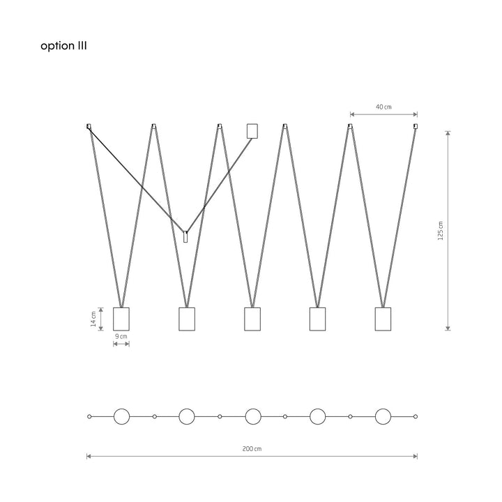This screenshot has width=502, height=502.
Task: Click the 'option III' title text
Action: pos(63,46)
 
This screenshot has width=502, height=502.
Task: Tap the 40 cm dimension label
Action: pos(383,107)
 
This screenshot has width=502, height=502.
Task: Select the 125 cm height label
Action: pos(441,231)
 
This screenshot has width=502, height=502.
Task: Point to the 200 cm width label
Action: pos(252,448)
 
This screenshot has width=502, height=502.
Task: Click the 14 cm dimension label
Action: pos(93,319)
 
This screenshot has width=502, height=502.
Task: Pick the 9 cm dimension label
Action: pos(121,336)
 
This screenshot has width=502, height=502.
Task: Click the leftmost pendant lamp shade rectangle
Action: pos(121,319)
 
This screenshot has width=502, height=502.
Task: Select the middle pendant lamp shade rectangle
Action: pos(252,319)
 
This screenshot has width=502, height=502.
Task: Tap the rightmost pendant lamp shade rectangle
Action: pos(383,319)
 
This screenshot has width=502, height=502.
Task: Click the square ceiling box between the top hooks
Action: pos(252,131)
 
